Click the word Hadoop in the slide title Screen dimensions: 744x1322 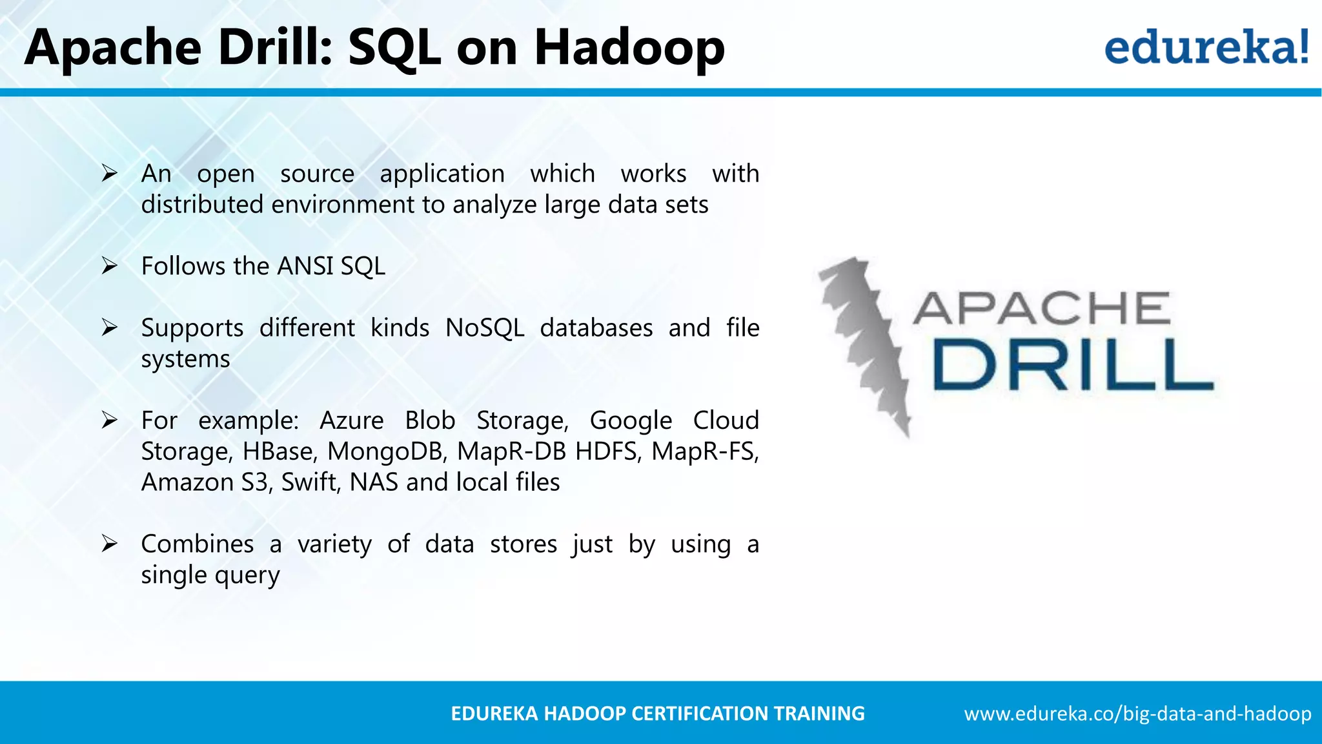[x=629, y=48]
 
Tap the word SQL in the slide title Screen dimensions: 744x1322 [x=394, y=48]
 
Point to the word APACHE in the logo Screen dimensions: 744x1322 [x=1041, y=309]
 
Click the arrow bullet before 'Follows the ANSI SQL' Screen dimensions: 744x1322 [x=109, y=266]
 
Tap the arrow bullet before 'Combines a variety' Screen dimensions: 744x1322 [x=109, y=544]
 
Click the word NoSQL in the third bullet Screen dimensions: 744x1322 [x=484, y=328]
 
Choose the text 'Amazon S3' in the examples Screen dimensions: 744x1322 [x=205, y=482]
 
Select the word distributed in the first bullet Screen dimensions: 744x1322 [x=202, y=205]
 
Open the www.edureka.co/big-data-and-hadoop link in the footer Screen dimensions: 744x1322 [x=1137, y=714]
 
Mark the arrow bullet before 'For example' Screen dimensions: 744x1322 [x=109, y=420]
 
